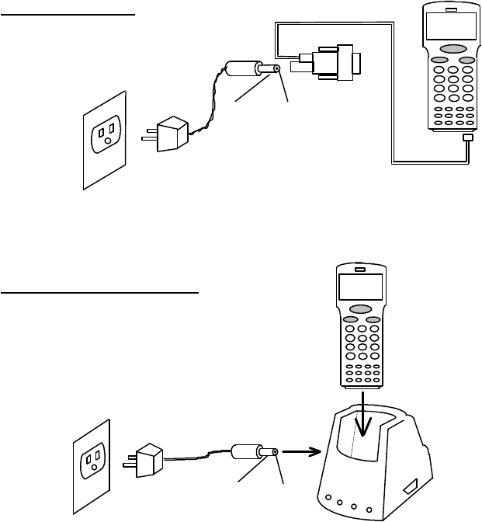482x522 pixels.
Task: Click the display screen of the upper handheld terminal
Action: click(x=449, y=32)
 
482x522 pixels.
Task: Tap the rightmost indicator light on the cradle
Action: click(x=369, y=511)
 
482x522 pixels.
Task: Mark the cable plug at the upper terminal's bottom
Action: click(x=466, y=139)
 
